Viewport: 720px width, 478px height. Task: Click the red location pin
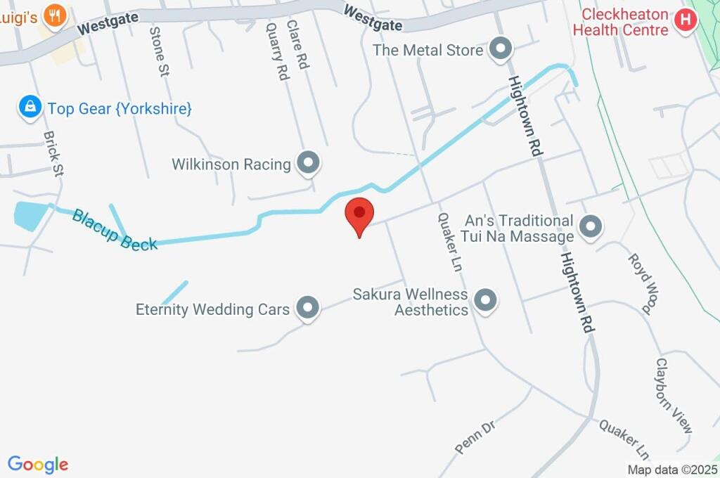tap(359, 214)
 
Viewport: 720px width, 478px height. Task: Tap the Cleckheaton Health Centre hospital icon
tap(685, 18)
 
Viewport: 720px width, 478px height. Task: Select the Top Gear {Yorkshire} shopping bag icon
tap(30, 108)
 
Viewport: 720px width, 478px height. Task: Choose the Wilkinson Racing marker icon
tap(307, 164)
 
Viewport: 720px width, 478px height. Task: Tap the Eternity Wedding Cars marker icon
tap(307, 308)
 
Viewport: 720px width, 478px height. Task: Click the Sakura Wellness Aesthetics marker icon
tap(485, 301)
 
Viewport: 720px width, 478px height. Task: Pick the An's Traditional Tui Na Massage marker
tap(591, 226)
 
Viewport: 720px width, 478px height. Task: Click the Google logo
tap(38, 465)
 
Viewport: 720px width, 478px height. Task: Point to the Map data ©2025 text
tap(671, 470)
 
